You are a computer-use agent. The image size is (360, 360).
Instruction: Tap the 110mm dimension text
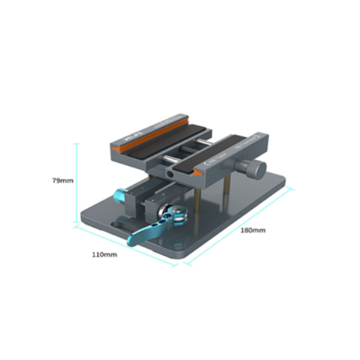[104, 255]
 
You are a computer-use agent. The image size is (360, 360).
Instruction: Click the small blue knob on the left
[119, 195]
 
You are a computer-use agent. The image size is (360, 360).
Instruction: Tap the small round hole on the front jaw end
[170, 173]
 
